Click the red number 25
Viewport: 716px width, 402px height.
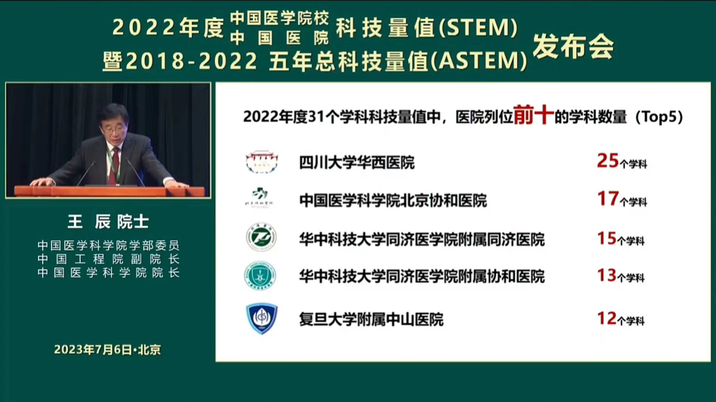(607, 161)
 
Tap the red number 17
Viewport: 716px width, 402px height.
(607, 198)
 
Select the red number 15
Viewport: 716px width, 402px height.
(606, 239)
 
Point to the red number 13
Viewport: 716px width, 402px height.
(606, 275)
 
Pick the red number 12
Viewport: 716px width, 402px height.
(606, 319)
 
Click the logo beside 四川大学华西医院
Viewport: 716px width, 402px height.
(262, 162)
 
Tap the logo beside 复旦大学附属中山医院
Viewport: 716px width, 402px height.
(261, 319)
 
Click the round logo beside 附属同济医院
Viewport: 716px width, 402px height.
(261, 237)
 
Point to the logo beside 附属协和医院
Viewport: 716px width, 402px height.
(260, 275)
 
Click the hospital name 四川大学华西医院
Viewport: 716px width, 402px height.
(357, 162)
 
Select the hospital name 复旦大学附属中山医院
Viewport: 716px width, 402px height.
(371, 319)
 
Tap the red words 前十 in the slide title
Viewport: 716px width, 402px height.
(534, 115)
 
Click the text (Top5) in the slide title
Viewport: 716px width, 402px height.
(659, 117)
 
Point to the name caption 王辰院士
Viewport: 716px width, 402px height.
(108, 222)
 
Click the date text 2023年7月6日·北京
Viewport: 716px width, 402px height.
(107, 349)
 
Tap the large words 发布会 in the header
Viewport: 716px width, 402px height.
(573, 46)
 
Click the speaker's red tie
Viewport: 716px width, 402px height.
(114, 166)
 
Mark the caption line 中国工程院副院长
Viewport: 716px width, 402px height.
(109, 259)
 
